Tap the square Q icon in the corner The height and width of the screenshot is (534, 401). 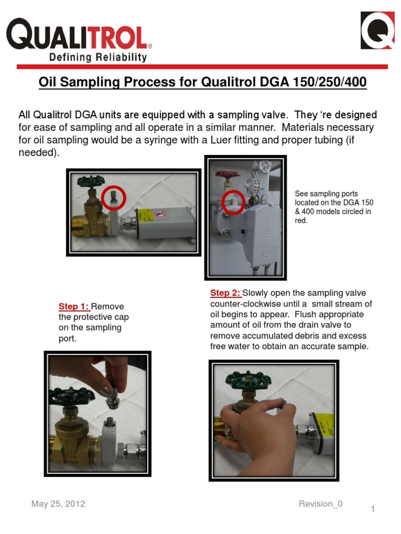378,30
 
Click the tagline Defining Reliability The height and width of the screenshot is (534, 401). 98,57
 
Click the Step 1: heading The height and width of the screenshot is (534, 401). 74,306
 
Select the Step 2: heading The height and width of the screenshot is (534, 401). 226,293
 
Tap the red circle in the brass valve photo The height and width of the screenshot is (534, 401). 113,198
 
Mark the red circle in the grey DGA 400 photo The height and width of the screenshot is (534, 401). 233,202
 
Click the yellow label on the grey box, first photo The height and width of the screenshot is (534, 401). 145,215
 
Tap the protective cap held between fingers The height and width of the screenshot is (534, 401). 112,397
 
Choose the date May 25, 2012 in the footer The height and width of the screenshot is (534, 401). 58,504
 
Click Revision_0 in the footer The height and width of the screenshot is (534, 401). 321,504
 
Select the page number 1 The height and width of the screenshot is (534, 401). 373,509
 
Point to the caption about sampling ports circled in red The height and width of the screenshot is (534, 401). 334,207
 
